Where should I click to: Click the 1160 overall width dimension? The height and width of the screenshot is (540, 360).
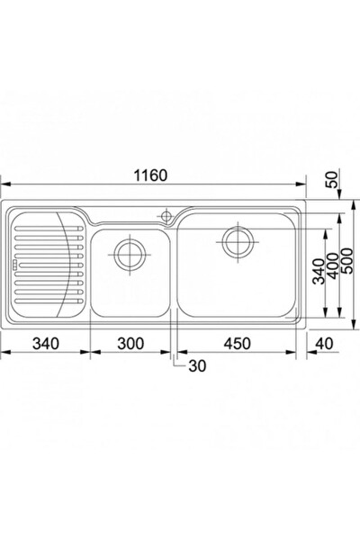150,175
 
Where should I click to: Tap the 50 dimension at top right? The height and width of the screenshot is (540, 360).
332,179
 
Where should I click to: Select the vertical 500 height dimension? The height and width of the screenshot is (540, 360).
346,261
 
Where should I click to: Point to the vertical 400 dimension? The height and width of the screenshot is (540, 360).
333,266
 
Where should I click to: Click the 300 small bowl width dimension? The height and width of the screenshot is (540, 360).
130,344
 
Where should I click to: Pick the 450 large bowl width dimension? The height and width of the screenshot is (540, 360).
238,344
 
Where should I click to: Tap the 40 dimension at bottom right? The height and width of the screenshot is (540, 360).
324,344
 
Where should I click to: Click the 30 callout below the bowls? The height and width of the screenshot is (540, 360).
197,366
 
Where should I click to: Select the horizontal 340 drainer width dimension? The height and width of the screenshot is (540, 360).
46,344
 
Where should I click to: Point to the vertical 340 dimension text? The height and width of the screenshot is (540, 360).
319,272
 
